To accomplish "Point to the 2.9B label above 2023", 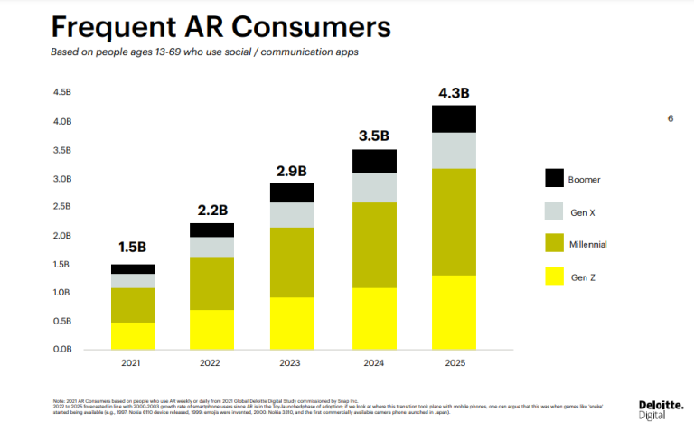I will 293,170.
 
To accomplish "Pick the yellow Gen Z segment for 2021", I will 133,335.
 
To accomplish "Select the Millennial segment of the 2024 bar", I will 374,245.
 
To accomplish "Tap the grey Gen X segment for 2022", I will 213,247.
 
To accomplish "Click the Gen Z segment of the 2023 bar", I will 293,323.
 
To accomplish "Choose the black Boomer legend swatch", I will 554,179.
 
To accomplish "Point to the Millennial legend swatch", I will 554,244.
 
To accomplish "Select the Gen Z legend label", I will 586,277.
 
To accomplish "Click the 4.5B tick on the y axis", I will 62,93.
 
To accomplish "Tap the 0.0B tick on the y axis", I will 62,349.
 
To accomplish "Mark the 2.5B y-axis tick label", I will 62,207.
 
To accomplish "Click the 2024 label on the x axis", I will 374,362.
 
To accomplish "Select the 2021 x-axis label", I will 133,362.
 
